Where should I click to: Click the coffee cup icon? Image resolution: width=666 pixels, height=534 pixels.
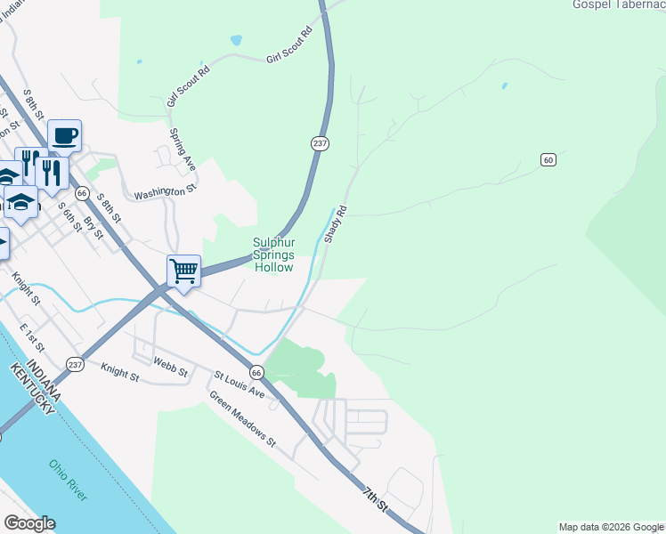click(x=65, y=136)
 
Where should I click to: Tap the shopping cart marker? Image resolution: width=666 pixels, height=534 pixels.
click(x=183, y=270)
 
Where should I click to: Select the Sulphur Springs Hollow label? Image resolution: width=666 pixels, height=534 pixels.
click(x=273, y=254)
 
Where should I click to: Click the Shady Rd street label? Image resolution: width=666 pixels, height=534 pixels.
click(x=335, y=225)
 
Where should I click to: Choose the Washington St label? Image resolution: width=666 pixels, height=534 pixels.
click(x=164, y=191)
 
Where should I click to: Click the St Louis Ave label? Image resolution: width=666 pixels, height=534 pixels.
click(x=239, y=384)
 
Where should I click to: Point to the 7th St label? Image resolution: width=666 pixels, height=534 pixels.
click(x=376, y=499)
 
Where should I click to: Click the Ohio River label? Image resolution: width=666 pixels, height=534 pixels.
click(x=69, y=481)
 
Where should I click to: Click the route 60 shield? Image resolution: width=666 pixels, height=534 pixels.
click(x=548, y=159)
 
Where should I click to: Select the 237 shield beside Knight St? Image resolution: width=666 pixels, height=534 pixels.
click(x=75, y=365)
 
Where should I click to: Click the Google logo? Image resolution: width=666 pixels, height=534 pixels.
click(x=29, y=523)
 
